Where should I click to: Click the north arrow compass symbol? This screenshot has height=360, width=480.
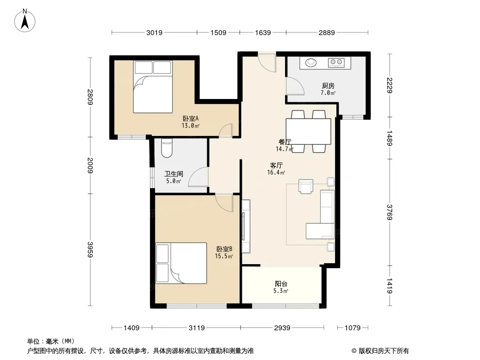(25, 21)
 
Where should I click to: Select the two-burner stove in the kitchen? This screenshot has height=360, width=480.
(336, 63)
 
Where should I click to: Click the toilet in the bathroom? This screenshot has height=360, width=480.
(167, 148)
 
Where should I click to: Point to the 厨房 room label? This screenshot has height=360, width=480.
(328, 85)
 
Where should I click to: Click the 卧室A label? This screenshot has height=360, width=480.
(191, 118)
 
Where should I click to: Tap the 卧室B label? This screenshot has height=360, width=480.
(224, 249)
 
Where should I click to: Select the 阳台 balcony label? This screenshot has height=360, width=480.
(281, 283)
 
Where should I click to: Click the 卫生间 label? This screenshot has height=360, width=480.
(173, 174)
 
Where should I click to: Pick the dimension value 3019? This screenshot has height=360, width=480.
(154, 32)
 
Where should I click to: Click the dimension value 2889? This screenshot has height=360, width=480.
(326, 32)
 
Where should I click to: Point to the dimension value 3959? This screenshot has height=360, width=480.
(90, 250)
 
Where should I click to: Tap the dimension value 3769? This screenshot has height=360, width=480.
(389, 212)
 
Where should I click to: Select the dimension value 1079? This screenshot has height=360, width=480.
(353, 328)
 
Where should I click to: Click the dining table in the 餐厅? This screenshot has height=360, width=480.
(308, 131)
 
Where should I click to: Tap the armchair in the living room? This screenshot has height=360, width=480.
(306, 186)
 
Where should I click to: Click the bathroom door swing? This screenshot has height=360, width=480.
(199, 177)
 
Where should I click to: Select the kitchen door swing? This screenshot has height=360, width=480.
(295, 86)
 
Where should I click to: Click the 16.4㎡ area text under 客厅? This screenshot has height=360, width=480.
(276, 172)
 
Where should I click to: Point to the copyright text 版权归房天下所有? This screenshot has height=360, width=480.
(384, 351)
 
